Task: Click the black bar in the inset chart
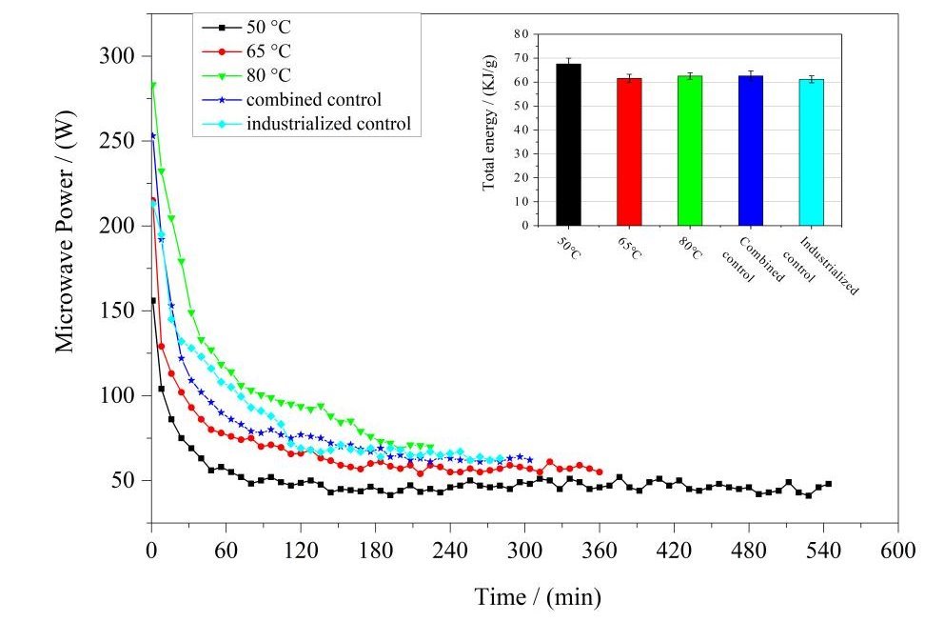(569, 144)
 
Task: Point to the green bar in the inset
(689, 150)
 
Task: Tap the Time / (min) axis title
(538, 597)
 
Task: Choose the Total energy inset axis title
(490, 130)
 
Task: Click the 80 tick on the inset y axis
(520, 34)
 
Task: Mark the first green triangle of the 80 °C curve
(152, 86)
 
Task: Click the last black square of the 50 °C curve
(828, 484)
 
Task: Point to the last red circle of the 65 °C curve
(599, 471)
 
